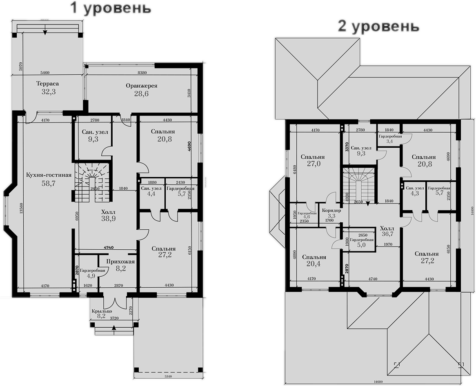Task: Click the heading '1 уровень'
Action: [x=111, y=8]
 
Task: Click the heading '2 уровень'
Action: [x=378, y=27]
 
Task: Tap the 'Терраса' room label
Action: [x=47, y=84]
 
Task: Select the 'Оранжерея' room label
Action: [x=141, y=86]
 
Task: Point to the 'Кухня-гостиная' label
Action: [x=49, y=175]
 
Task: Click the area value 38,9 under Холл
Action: [x=108, y=219]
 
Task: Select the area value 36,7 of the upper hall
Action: [x=387, y=234]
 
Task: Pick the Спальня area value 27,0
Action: [x=313, y=164]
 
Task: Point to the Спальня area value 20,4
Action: [x=314, y=264]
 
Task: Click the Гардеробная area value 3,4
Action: [x=389, y=141]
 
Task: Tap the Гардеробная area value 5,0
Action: [x=359, y=246]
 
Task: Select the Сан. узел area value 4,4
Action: [x=151, y=195]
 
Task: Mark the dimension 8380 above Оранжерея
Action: [x=142, y=72]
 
